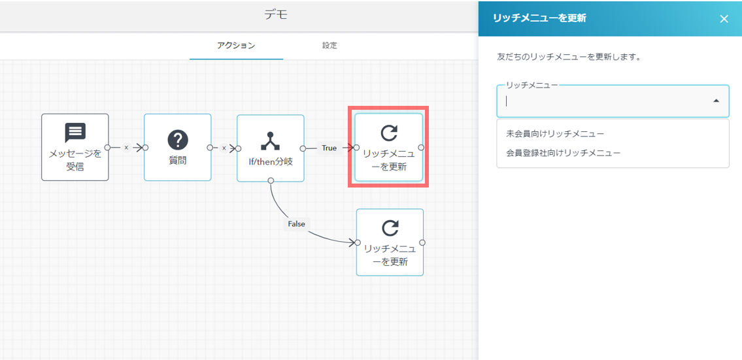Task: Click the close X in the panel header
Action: (x=724, y=19)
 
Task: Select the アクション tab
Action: (x=236, y=46)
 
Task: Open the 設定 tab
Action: (x=329, y=46)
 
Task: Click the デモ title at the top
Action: (x=276, y=15)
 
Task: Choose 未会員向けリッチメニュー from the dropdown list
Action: (x=555, y=134)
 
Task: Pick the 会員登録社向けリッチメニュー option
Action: (x=563, y=153)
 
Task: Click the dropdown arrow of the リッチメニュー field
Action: (x=716, y=101)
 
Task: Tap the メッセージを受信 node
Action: (x=75, y=148)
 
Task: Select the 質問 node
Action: (x=178, y=148)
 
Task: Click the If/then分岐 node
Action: (x=271, y=148)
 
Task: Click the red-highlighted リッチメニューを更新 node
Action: (x=388, y=148)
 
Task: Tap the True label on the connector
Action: (x=329, y=148)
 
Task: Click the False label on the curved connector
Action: (x=297, y=223)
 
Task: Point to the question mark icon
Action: (x=178, y=139)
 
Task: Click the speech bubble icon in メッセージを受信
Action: (x=75, y=133)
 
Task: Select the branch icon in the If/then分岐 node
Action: (x=270, y=139)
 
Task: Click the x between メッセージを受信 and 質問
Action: (x=126, y=148)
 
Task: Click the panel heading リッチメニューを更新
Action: (x=539, y=18)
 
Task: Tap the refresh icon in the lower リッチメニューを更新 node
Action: (x=390, y=227)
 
